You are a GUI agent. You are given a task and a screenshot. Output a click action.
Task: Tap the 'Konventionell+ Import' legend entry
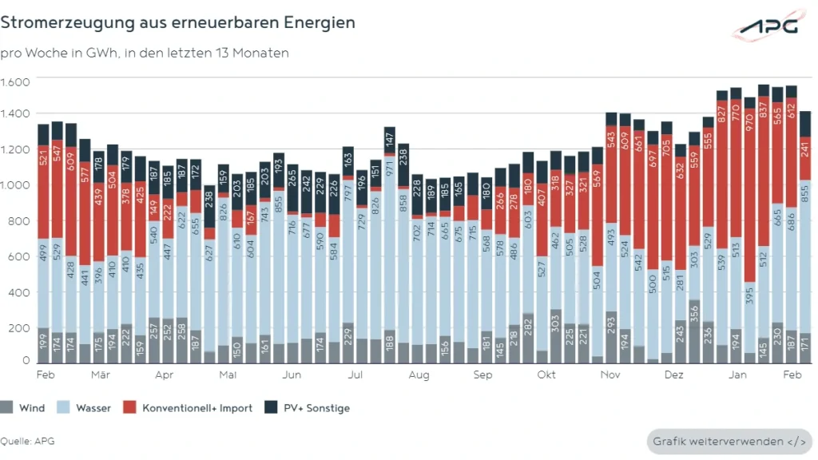(189, 408)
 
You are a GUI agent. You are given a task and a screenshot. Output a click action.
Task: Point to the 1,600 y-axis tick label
(15, 82)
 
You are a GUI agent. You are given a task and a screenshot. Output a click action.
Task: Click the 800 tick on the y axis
(20, 221)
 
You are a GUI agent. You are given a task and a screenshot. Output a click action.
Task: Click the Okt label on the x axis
(546, 374)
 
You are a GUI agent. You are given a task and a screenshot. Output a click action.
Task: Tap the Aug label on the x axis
(419, 374)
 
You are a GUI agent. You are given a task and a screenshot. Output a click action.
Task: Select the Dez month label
(674, 374)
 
